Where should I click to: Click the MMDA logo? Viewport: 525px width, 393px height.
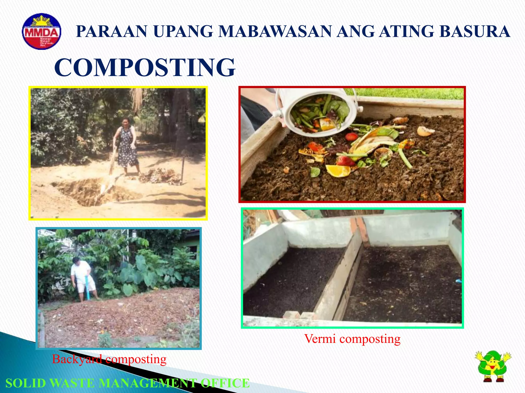[42, 31]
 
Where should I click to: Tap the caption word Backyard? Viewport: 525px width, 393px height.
[77, 359]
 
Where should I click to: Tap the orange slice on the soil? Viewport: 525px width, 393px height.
[338, 171]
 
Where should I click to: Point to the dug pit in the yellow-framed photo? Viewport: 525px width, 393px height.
[90, 192]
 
